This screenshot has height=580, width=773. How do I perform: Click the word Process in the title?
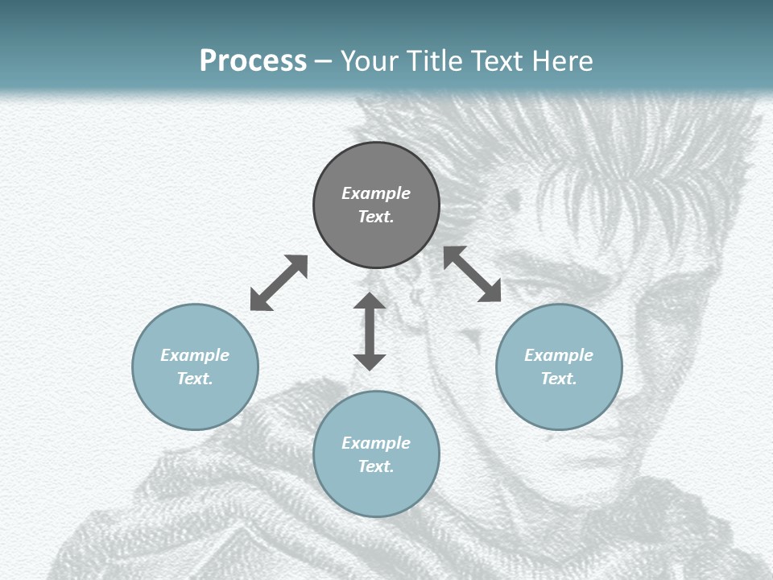253,60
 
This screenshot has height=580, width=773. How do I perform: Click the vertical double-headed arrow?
370,331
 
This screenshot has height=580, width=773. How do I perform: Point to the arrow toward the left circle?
279,283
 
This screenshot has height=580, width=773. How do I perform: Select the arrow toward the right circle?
473,274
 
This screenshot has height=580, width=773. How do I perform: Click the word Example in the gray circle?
376,193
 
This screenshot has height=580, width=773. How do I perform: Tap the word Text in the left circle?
195,379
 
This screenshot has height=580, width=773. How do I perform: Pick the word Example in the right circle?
559,355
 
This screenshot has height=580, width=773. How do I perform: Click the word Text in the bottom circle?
376,466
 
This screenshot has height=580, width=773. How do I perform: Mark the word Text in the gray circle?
376,217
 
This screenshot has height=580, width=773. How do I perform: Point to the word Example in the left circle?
195,355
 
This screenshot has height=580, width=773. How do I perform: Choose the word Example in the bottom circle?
376,443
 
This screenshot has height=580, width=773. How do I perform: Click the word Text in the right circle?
559,379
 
